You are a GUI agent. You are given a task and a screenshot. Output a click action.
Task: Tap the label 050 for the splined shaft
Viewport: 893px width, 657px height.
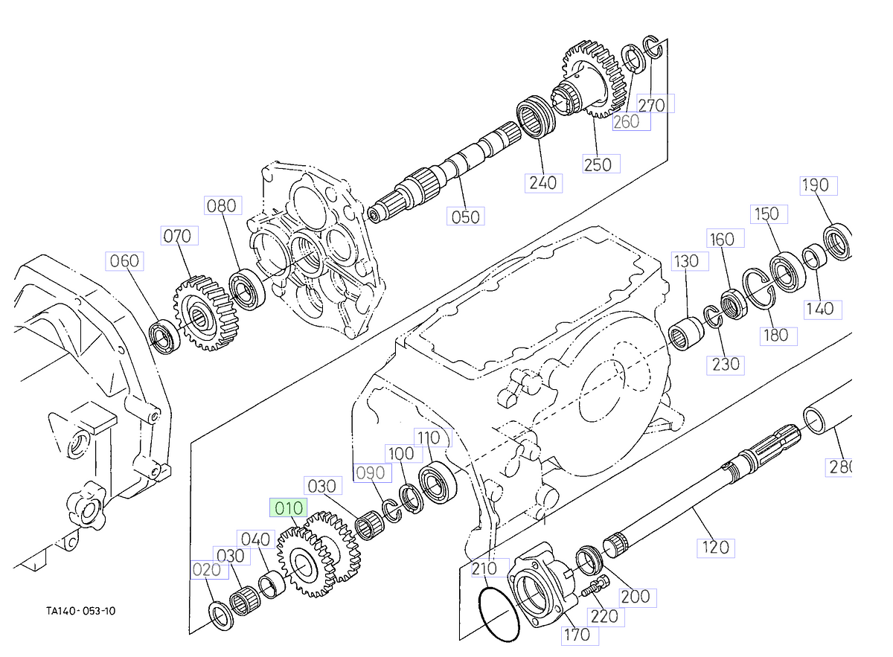coord(466,217)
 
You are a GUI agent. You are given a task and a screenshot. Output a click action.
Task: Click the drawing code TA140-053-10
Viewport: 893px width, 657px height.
coord(80,611)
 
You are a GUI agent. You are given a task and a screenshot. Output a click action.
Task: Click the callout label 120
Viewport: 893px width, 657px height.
coord(715,548)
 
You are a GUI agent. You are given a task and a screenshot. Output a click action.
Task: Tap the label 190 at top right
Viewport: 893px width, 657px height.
coord(816,185)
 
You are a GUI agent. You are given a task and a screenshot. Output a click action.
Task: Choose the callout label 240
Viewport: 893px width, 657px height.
coord(542,182)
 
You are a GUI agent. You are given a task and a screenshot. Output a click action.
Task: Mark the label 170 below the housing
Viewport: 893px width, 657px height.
coord(577,635)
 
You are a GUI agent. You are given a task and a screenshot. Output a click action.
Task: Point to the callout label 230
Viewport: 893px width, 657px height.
coord(726,364)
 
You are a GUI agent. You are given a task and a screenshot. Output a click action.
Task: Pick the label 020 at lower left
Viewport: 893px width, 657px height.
coord(207,570)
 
